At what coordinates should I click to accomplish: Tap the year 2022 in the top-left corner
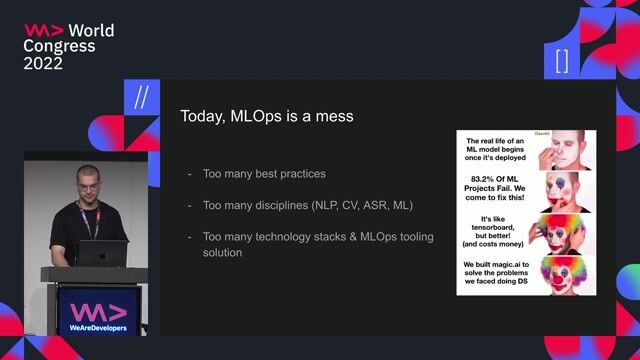pyautogui.click(x=43, y=63)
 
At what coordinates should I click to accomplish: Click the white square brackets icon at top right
pyautogui.click(x=561, y=61)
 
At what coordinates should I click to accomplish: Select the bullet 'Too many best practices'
pyautogui.click(x=264, y=174)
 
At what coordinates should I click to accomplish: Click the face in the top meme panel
pyautogui.click(x=561, y=152)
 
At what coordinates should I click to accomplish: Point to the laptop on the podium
pyautogui.click(x=104, y=254)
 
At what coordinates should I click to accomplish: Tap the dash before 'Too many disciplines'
pyautogui.click(x=190, y=205)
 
